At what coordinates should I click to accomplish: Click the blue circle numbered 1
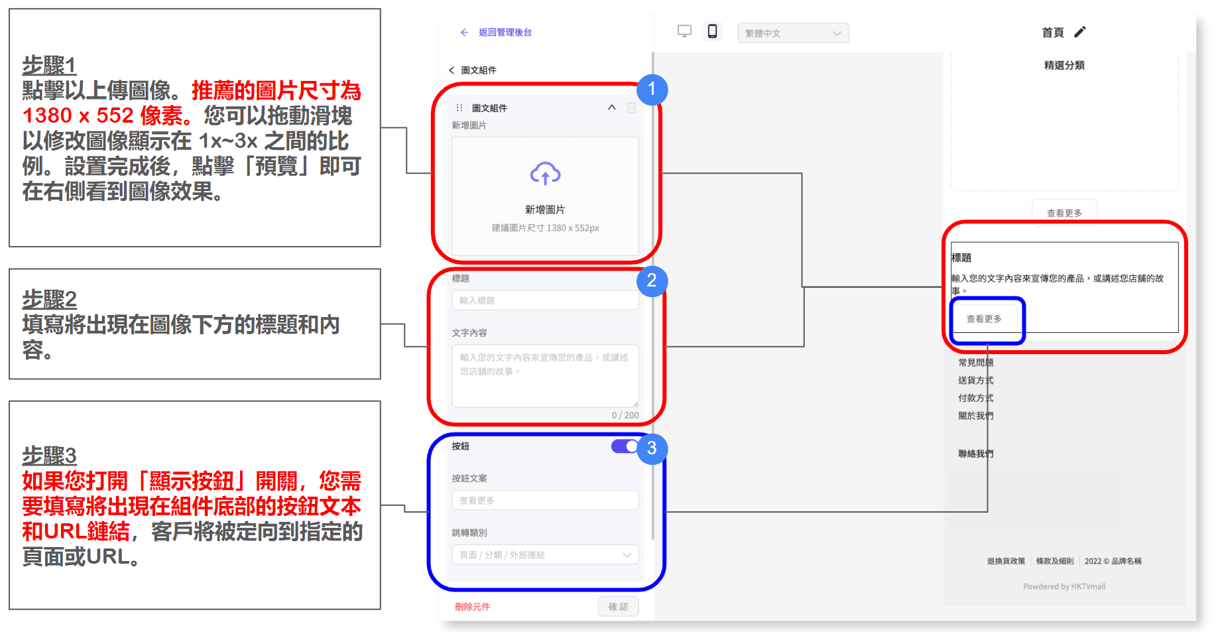pos(652,90)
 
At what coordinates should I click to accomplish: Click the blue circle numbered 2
pos(652,281)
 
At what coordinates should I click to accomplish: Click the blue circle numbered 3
pos(652,448)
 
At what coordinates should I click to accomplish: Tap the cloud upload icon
pos(545,174)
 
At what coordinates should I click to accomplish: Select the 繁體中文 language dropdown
pos(793,33)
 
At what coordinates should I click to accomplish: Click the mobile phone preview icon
pos(712,31)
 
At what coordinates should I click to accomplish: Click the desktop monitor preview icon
pos(684,31)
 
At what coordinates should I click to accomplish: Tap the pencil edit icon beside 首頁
pos(1080,32)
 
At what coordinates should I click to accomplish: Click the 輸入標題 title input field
pos(545,300)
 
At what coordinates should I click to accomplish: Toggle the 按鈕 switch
pos(625,446)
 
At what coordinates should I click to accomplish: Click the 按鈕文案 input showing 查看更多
pos(545,501)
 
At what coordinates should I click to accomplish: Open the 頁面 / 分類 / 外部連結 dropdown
pos(545,555)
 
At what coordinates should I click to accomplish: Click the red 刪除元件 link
pos(472,607)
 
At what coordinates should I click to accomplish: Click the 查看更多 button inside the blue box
pos(984,319)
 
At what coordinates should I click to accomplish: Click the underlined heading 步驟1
pos(49,66)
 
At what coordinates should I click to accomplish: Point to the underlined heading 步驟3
pos(49,456)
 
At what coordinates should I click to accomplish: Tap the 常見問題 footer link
pos(975,363)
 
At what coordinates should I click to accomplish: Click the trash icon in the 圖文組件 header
pos(631,107)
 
